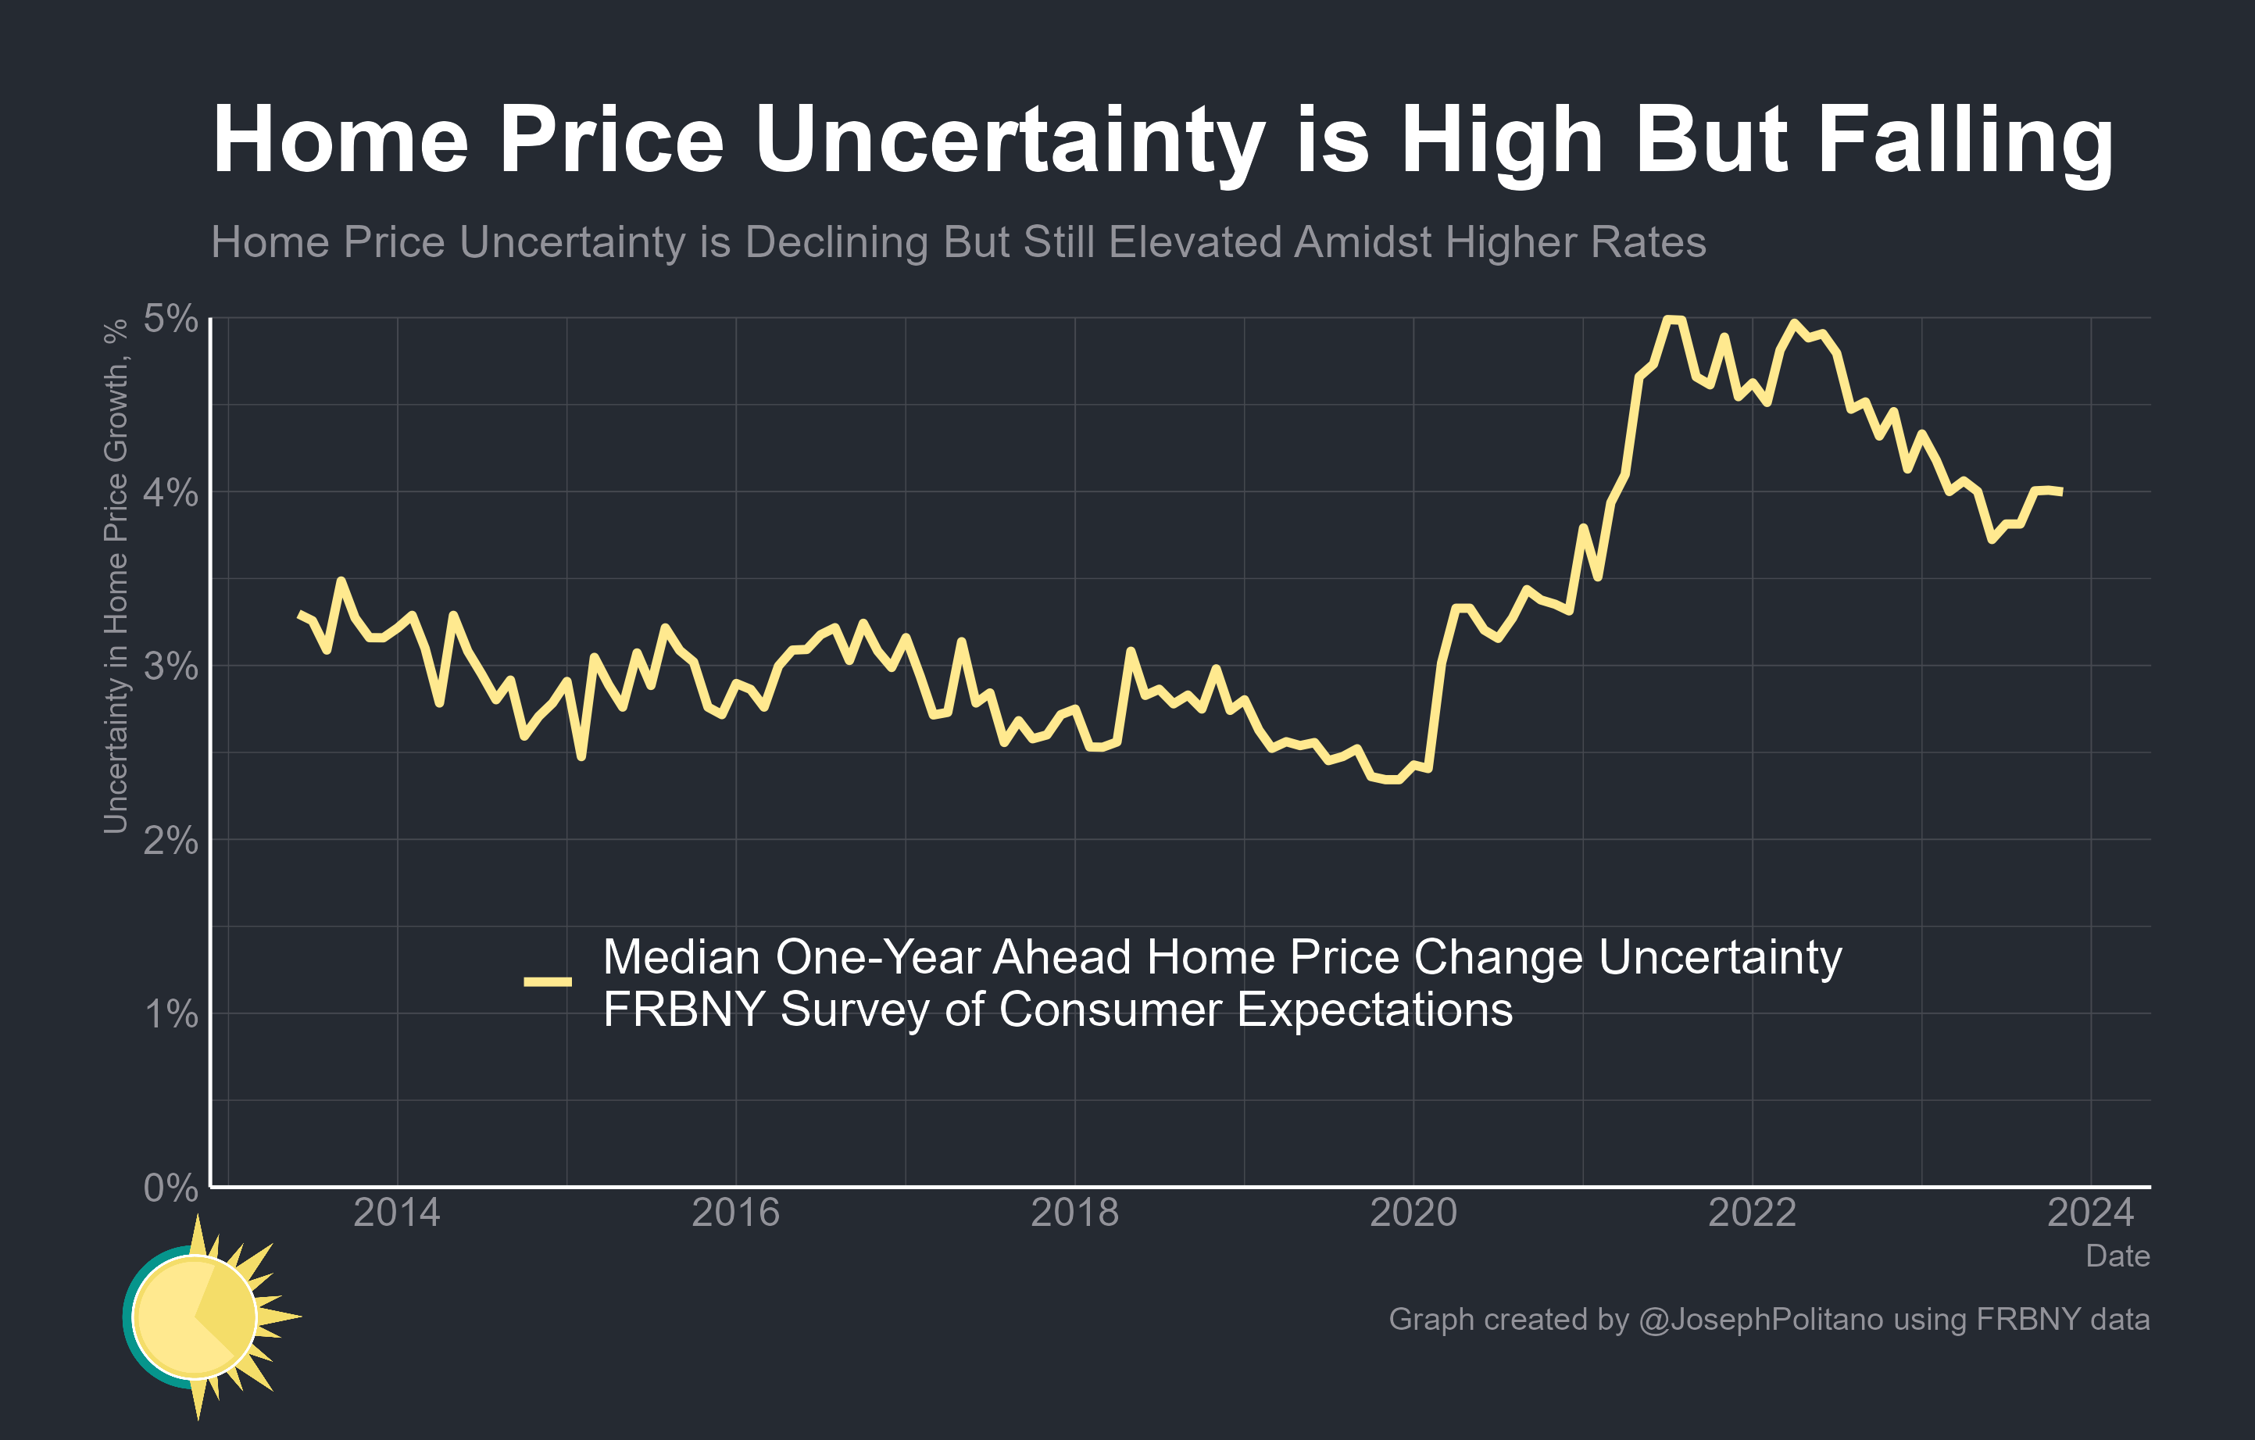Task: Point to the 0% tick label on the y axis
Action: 170,1188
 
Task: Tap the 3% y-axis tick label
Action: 170,666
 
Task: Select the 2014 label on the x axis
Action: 396,1213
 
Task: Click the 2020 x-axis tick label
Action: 1413,1213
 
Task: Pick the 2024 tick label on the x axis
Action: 2090,1213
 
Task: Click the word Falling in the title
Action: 1964,141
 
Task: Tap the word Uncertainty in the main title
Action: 1010,141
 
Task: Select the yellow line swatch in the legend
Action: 548,981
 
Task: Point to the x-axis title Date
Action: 2117,1256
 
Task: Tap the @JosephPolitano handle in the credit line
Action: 1760,1319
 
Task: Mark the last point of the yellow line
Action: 2061,491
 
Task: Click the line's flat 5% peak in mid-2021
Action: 1674,320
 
